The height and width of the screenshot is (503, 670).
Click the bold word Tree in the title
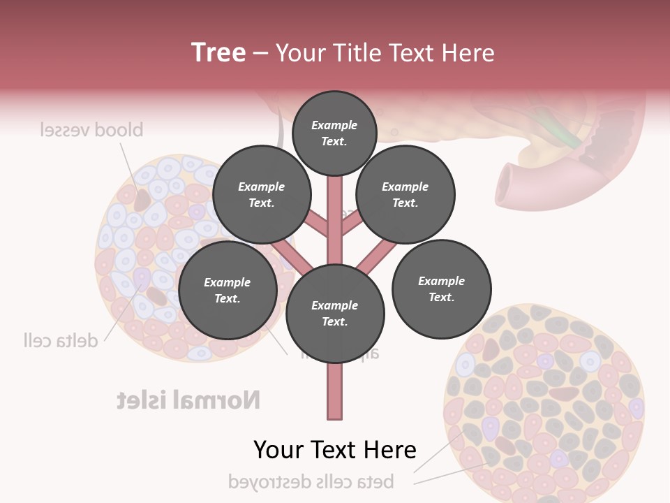pos(218,52)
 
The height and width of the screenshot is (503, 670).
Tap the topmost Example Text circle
pos(334,133)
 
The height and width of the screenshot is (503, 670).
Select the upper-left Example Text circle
pos(261,195)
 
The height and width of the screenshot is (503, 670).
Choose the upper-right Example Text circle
pos(405,195)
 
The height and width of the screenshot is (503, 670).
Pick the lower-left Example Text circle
pos(227,291)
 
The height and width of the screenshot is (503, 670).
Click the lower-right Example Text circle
pos(441,289)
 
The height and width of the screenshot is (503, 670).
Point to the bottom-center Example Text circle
pos(334,314)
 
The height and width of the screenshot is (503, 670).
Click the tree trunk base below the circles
pos(334,391)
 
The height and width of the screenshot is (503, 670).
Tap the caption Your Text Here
pos(334,450)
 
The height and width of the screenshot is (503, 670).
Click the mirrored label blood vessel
pos(91,130)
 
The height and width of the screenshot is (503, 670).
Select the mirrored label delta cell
pos(60,340)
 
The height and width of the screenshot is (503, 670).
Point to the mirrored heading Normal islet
pos(188,400)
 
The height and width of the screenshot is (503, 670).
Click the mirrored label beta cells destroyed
pos(311,481)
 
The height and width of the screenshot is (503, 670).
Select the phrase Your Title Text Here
pos(385,52)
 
